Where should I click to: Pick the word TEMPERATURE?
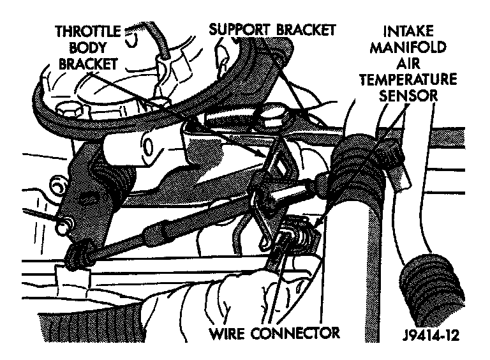[x=409, y=80]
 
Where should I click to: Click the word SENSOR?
[x=409, y=96]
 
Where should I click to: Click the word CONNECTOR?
[x=301, y=333]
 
